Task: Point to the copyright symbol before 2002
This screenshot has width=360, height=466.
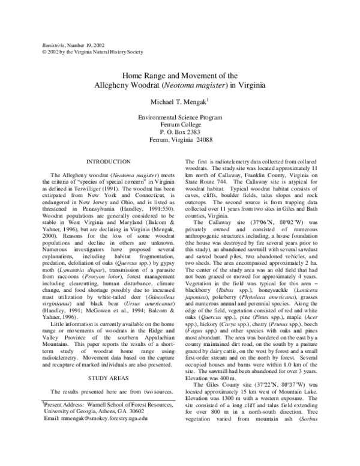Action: coord(39,52)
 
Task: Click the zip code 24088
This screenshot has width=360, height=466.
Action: coord(209,139)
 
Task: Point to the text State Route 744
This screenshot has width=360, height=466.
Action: coord(204,181)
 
